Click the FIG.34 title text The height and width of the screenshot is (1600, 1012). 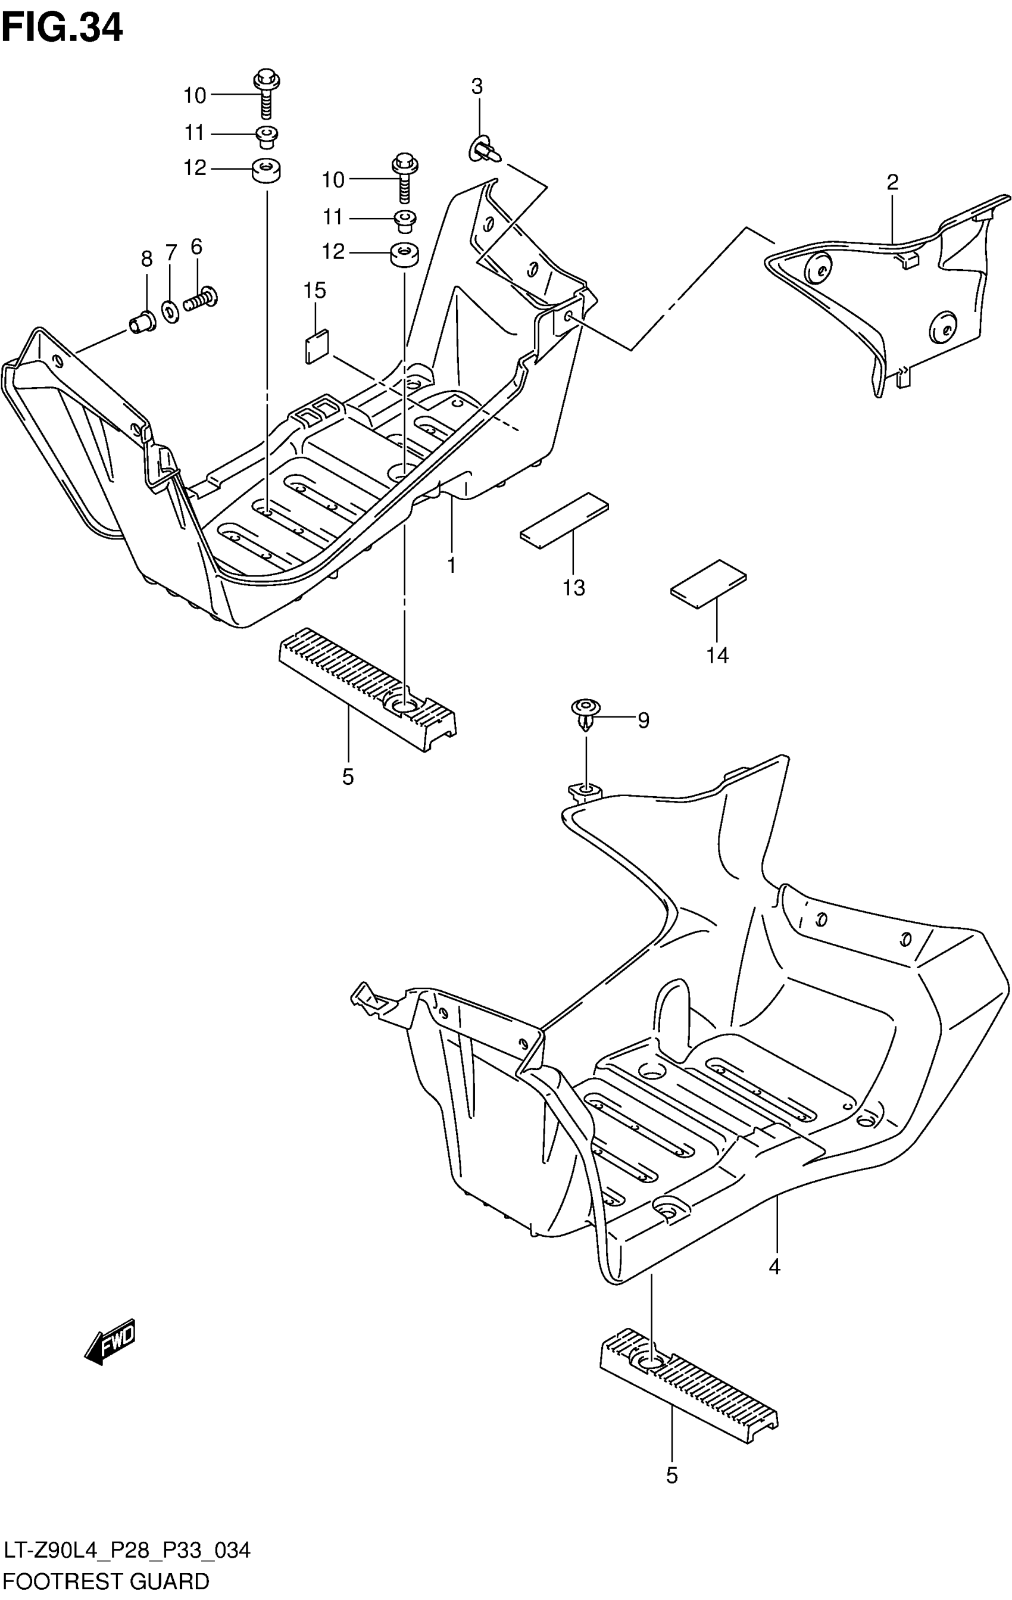(63, 29)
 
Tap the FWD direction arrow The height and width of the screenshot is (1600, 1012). (110, 1342)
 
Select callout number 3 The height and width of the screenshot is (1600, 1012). (477, 86)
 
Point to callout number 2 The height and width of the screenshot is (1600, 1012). (892, 182)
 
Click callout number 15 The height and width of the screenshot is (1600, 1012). (315, 291)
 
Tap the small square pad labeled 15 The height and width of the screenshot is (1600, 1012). (317, 347)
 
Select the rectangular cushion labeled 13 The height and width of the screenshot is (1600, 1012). (565, 520)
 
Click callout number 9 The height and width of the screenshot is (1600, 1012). (643, 721)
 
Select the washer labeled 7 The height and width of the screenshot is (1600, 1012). (170, 310)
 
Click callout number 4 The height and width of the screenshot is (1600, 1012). (774, 1267)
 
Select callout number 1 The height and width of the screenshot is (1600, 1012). (451, 566)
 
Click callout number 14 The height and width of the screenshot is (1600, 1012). (718, 656)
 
